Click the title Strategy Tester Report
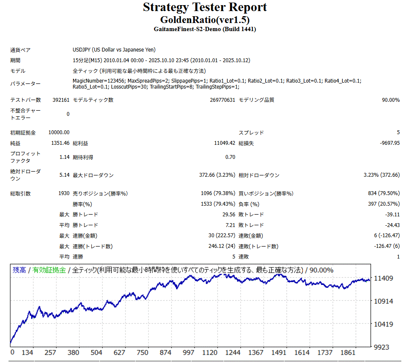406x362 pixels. tap(205, 7)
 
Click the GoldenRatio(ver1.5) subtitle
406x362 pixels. tap(205, 20)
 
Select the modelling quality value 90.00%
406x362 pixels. tap(391, 100)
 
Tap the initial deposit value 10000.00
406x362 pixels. tap(59, 132)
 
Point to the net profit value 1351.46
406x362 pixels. tap(60, 143)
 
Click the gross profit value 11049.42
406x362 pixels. tap(224, 143)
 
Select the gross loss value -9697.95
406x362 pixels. tap(390, 143)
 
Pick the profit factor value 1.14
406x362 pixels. tap(64, 157)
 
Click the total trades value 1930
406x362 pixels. tap(64, 193)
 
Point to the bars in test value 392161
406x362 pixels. tap(60, 100)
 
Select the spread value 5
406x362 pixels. tap(398, 132)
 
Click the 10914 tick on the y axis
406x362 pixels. tap(383, 301)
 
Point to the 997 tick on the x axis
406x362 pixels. tap(188, 353)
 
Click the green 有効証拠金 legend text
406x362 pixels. tap(49, 270)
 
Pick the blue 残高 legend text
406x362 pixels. tap(19, 270)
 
